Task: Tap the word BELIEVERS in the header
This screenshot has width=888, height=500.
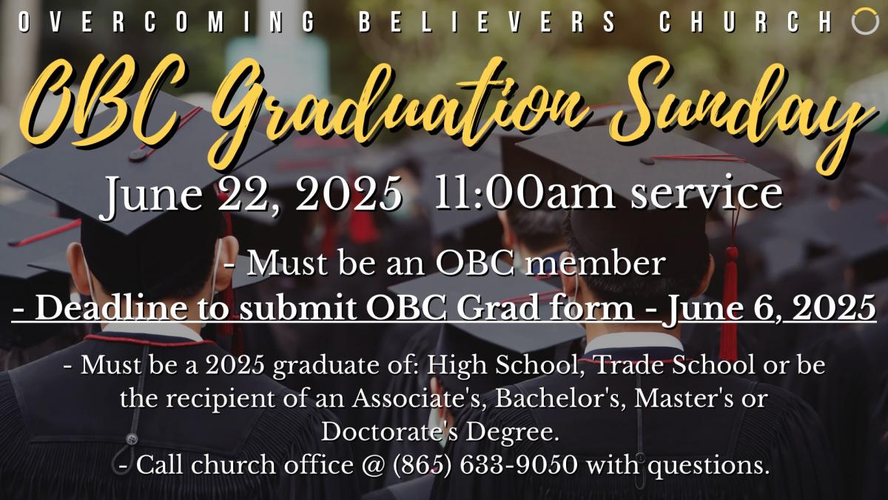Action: [x=487, y=21]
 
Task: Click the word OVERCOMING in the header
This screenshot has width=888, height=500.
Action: [x=166, y=21]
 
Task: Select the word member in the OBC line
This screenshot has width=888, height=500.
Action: [x=594, y=263]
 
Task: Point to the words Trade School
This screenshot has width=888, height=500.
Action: [x=675, y=364]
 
